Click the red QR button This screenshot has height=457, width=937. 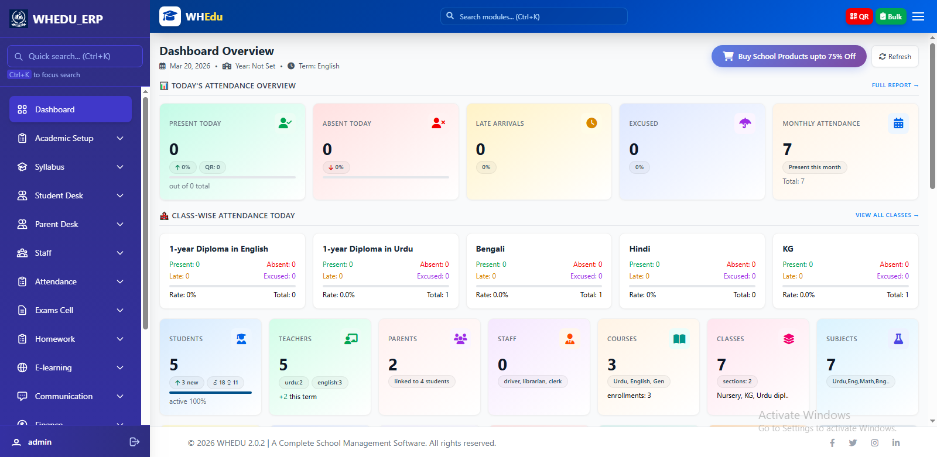pos(859,16)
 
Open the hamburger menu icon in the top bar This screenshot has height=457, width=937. pos(918,16)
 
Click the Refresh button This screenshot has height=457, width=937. pos(895,57)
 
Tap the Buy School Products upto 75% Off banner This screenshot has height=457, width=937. pos(788,57)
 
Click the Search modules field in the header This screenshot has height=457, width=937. pos(534,16)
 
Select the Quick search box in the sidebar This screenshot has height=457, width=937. pos(75,57)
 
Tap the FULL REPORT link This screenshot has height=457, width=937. pos(894,85)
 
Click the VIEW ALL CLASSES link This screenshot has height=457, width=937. pos(886,215)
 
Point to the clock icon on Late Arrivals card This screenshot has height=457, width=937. pos(591,123)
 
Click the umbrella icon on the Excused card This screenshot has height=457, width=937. pos(745,123)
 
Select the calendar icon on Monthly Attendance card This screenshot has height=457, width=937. pos(898,123)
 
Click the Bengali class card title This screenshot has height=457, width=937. pos(490,249)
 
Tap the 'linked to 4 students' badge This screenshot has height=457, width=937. pos(422,382)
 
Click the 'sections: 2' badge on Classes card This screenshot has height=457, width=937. pos(737,382)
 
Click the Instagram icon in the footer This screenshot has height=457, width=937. pos(874,443)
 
